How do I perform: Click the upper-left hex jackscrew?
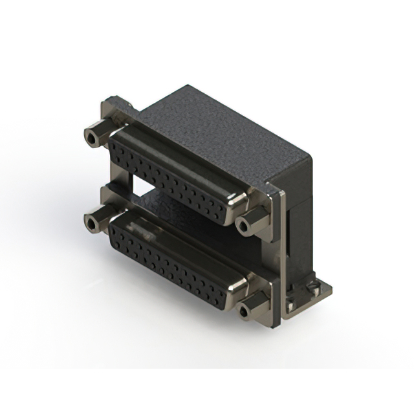click(x=94, y=135)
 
